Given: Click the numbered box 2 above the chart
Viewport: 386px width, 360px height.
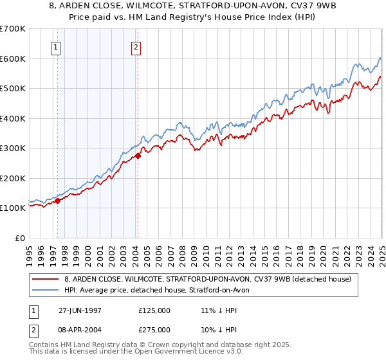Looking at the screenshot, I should pos(137,46).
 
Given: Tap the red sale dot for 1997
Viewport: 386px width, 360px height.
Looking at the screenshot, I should pos(58,201).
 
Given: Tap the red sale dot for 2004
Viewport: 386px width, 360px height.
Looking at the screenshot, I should pos(138,156).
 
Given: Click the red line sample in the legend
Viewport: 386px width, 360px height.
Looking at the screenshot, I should pos(45,280).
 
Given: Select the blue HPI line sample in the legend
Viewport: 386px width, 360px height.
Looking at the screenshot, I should pos(45,291).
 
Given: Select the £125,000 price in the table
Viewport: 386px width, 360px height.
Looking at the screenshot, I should pos(154,310).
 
